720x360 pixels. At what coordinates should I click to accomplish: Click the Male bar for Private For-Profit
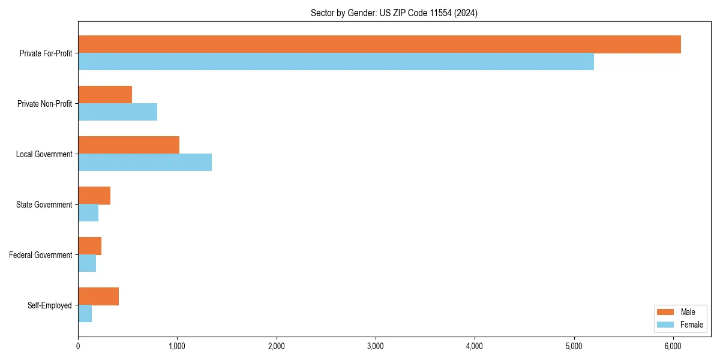point(379,44)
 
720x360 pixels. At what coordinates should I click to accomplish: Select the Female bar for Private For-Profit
point(336,61)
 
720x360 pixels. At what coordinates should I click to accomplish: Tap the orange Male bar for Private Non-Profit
point(105,95)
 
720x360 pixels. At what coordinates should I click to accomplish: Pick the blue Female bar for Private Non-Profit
point(118,112)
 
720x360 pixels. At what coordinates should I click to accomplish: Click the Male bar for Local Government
point(128,145)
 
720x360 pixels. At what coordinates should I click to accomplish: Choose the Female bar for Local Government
point(145,162)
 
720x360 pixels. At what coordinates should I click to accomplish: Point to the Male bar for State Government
point(94,196)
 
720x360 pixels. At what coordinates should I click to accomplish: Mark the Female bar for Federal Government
point(87,263)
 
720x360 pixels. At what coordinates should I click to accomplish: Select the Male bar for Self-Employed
point(98,296)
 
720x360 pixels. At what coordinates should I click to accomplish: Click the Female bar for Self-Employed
point(85,313)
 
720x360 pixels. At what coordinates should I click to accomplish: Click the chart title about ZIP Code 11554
point(394,13)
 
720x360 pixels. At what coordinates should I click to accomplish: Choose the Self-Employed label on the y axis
point(50,305)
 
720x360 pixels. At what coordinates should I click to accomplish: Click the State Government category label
point(44,205)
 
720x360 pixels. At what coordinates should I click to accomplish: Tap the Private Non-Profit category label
point(44,104)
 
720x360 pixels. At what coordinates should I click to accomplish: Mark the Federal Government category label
point(41,255)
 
